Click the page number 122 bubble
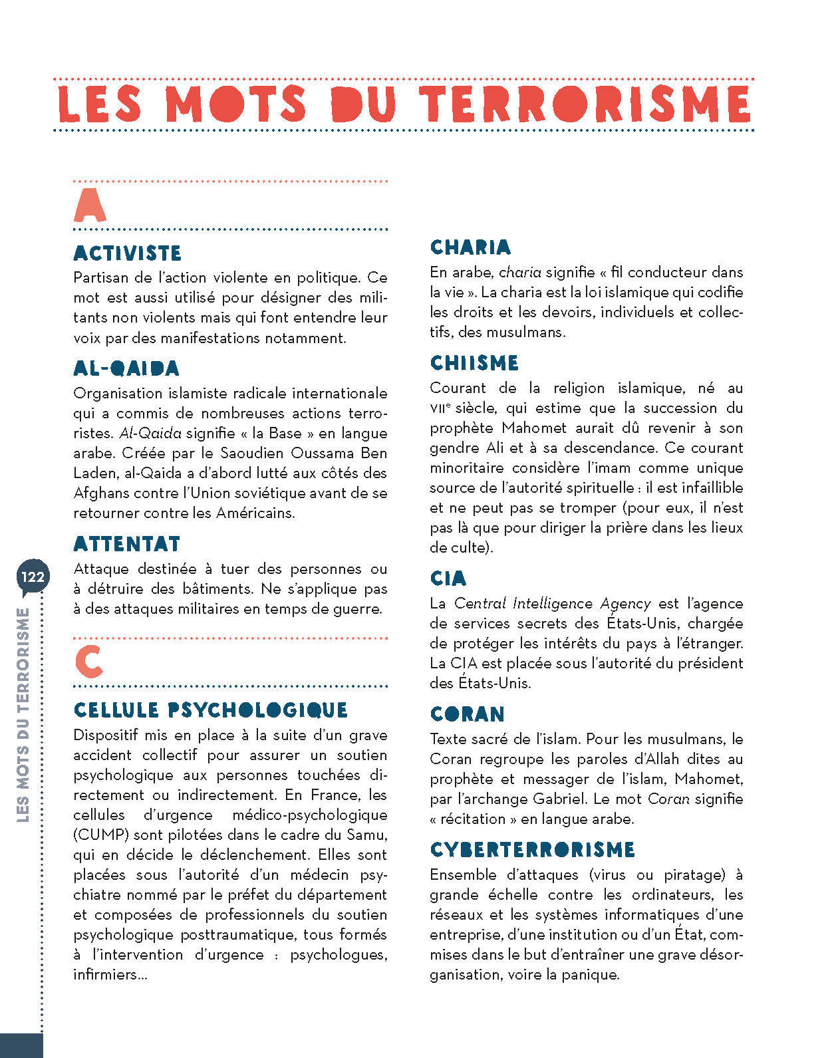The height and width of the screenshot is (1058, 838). (32, 577)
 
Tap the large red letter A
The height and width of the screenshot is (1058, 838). (90, 205)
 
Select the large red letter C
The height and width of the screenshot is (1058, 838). (89, 662)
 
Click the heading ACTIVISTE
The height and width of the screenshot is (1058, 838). (127, 253)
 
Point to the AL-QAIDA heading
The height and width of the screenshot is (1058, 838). (126, 368)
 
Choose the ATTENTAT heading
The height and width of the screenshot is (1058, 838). (126, 544)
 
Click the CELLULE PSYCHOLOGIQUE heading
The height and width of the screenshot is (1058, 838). (211, 710)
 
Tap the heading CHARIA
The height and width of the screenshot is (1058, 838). (470, 247)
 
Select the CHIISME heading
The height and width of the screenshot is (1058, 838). (474, 363)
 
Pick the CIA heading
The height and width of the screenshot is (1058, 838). (448, 579)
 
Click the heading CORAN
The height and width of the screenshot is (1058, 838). (467, 714)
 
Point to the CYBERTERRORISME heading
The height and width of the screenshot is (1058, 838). (532, 850)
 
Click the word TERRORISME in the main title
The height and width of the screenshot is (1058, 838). (585, 104)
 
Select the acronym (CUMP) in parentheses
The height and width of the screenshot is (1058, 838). (101, 835)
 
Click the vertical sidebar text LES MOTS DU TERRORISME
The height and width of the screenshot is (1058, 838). (23, 715)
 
